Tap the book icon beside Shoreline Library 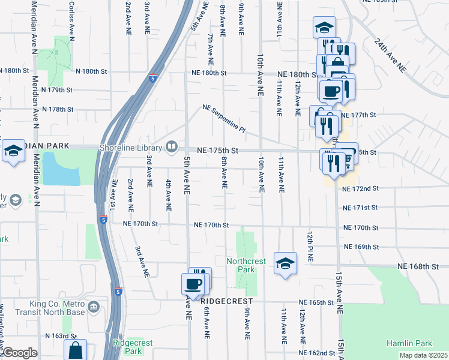(x=172, y=148)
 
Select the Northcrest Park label (x=242, y=265)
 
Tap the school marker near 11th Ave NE (x=285, y=262)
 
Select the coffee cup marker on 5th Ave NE (x=193, y=284)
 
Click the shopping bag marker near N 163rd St (x=75, y=350)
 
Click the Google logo (x=19, y=353)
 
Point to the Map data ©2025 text (x=424, y=355)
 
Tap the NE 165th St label (x=318, y=302)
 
